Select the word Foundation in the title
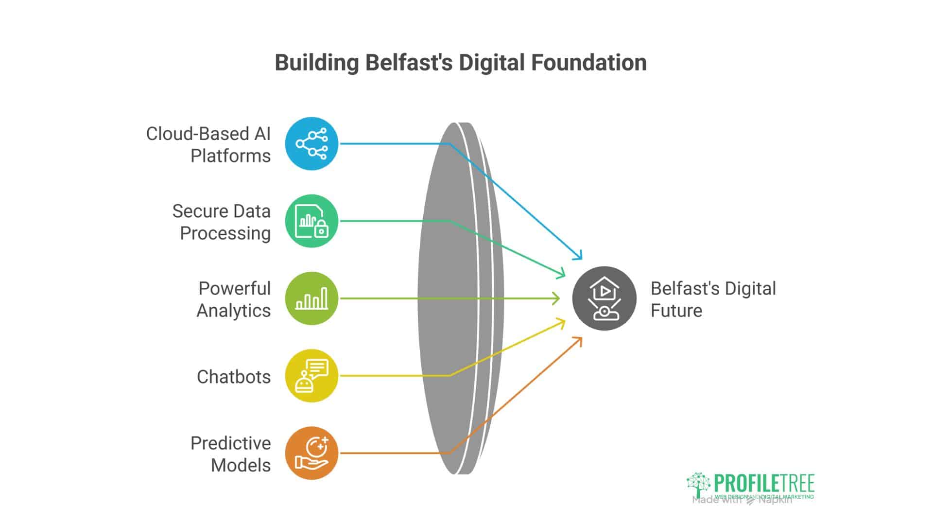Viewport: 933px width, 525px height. pos(588,63)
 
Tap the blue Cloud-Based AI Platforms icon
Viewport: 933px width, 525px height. pos(311,143)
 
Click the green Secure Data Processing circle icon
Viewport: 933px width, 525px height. pos(311,221)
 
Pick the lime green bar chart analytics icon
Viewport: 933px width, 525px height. pos(311,298)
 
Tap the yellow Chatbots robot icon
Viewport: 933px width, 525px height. pos(311,376)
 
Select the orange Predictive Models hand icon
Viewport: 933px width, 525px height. pos(311,453)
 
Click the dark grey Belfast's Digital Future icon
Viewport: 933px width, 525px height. pos(604,298)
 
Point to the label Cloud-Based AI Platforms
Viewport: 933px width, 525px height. pos(209,144)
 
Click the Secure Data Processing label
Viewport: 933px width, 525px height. pos(222,222)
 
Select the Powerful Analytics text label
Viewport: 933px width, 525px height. pos(234,299)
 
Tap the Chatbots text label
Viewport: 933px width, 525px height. pos(234,377)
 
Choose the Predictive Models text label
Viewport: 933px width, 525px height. pos(231,454)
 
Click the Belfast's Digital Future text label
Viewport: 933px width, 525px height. pos(712,299)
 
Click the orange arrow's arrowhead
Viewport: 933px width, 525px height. pos(579,340)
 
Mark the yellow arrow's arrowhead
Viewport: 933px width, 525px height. pos(563,321)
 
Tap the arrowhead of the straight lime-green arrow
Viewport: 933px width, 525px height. pos(557,298)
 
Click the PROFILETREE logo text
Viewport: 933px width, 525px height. pos(764,484)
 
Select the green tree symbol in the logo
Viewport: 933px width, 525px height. pos(698,484)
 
